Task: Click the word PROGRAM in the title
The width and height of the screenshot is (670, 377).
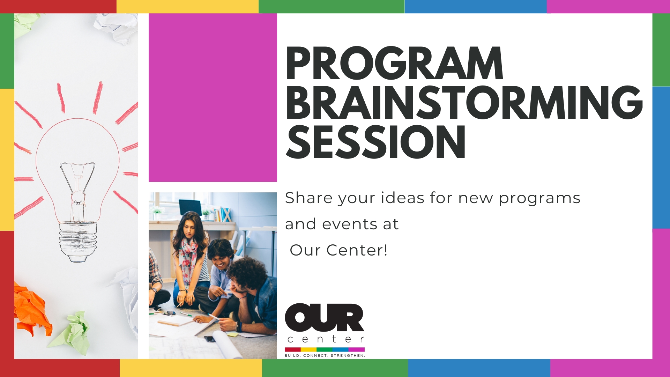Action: point(394,63)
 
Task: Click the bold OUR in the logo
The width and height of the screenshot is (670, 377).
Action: point(325,317)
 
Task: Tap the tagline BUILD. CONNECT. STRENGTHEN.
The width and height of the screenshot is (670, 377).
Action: point(325,356)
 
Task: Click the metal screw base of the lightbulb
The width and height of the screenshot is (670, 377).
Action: point(77,241)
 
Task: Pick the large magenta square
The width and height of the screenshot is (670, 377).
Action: point(213,97)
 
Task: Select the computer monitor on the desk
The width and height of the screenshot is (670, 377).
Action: point(190,208)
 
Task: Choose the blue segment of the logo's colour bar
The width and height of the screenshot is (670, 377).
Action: point(340,349)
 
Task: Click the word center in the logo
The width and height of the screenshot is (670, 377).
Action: point(325,339)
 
